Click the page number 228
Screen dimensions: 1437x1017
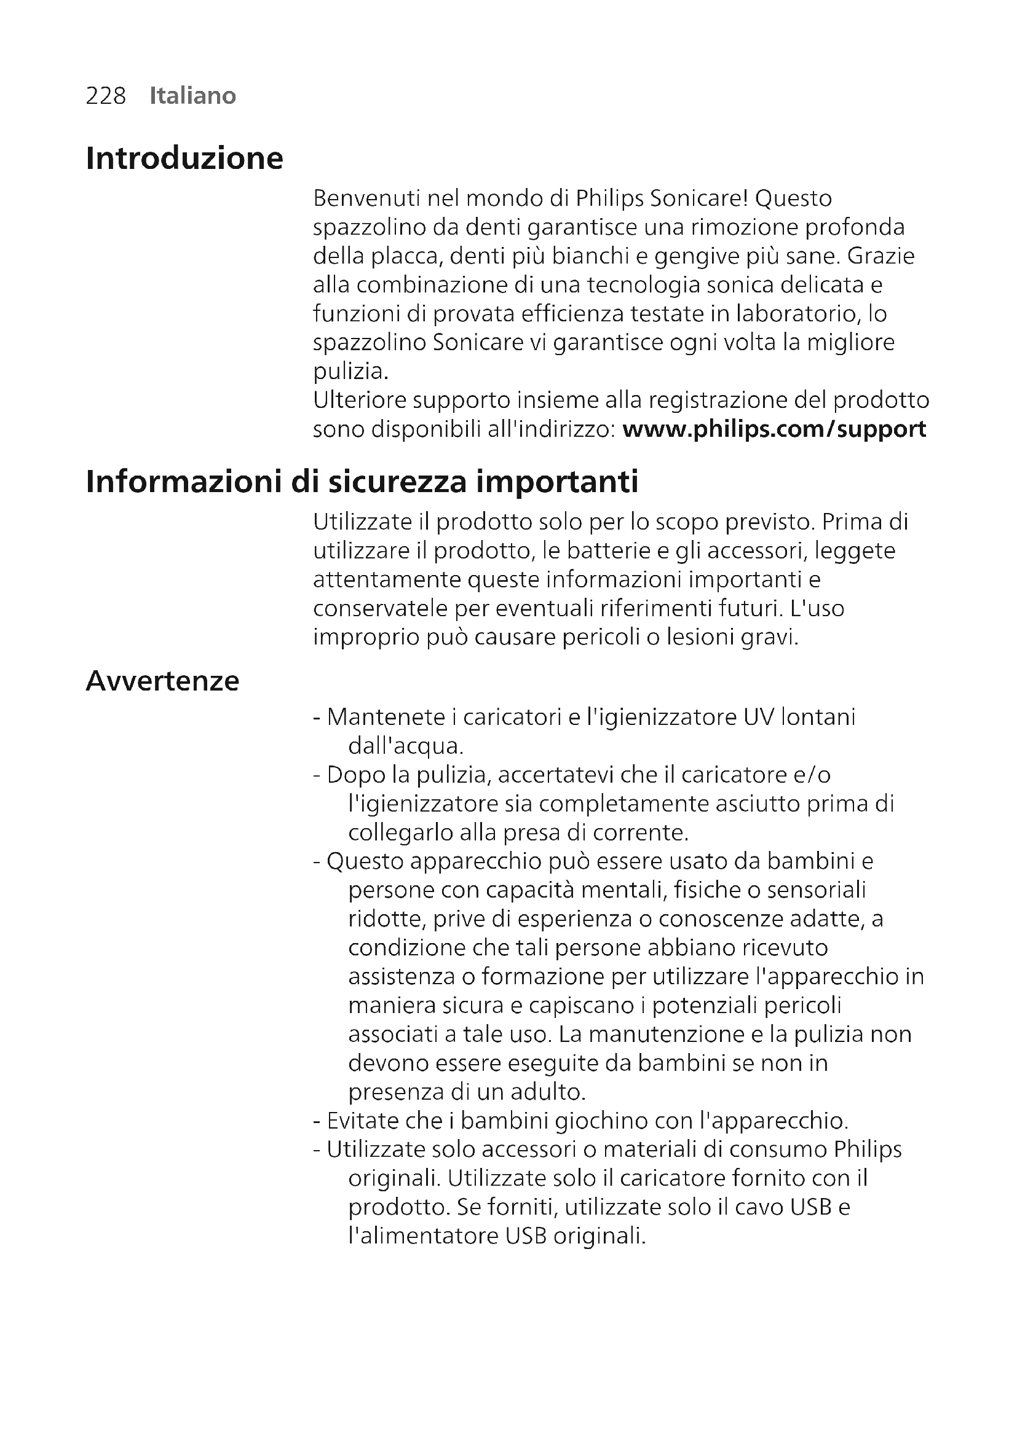coord(106,96)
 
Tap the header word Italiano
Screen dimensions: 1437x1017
coord(192,96)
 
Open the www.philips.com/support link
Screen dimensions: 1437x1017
coord(774,429)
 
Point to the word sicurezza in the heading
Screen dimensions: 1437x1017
coord(398,482)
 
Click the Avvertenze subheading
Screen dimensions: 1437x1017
coord(162,681)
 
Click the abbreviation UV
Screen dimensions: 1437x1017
coord(758,717)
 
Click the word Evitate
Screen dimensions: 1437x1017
coord(363,1121)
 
